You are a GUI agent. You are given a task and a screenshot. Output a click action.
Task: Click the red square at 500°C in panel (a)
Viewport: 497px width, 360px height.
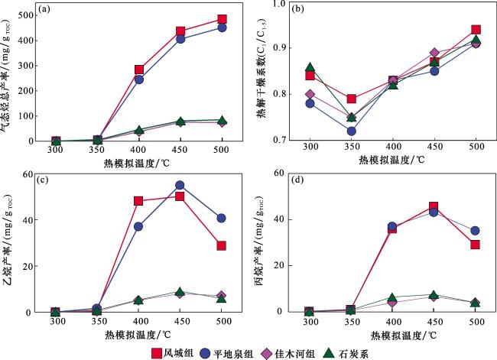pos(222,19)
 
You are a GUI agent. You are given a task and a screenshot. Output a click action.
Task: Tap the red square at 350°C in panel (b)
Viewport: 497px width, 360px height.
pos(351,99)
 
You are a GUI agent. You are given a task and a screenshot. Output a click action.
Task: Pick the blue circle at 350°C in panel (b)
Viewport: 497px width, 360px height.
pos(351,131)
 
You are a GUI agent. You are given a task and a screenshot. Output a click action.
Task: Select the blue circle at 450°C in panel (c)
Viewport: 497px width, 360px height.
pos(180,185)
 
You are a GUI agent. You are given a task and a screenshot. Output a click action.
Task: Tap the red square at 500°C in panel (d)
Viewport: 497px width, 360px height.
pos(475,245)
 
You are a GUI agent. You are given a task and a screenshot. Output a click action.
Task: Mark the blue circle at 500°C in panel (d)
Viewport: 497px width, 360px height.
pos(475,230)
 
